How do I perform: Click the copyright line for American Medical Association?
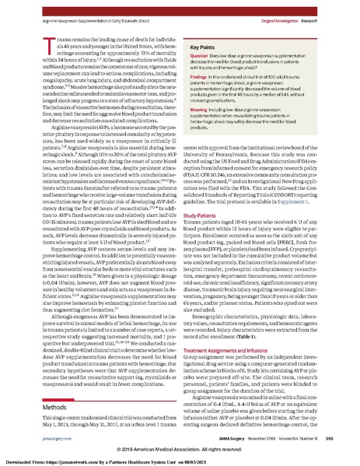pos(180,450)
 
